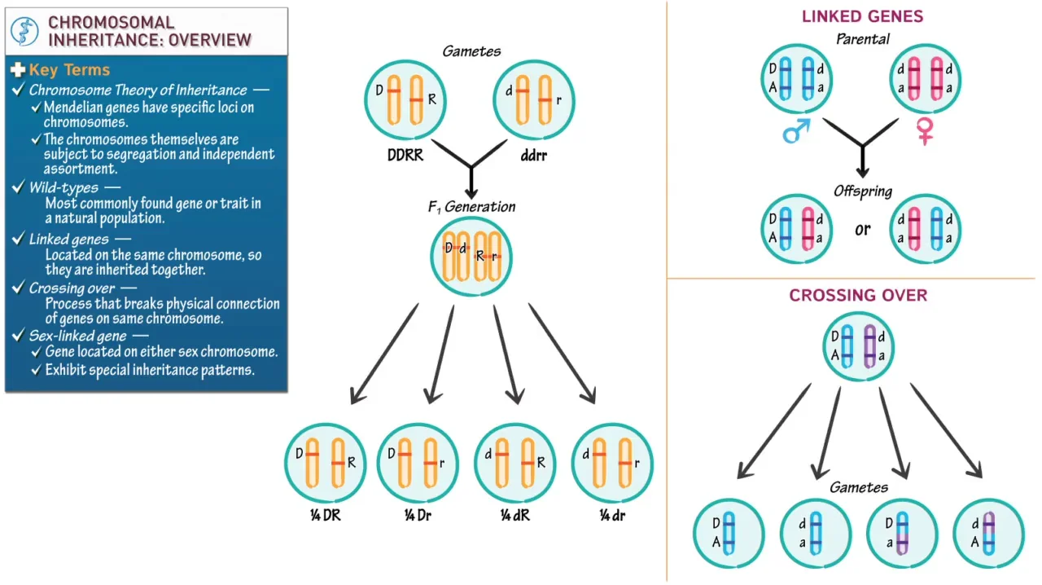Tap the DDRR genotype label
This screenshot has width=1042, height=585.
405,154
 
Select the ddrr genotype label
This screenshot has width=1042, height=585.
533,154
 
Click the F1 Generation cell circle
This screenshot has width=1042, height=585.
471,257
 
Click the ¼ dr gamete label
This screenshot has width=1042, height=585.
612,515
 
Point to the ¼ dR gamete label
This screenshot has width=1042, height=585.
514,515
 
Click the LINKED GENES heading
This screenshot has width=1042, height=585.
862,16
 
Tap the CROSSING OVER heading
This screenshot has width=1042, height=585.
858,296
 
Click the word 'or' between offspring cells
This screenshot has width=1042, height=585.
862,229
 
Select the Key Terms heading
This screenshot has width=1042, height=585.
69,70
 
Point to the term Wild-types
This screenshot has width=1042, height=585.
63,187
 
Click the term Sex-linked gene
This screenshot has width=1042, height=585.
77,336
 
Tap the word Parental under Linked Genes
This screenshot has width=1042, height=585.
863,39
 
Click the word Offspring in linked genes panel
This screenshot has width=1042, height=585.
863,191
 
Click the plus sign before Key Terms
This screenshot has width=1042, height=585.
18,70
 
